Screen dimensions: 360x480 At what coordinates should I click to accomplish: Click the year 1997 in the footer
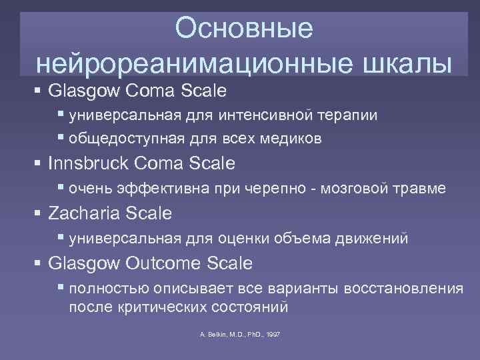[x=273, y=333]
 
